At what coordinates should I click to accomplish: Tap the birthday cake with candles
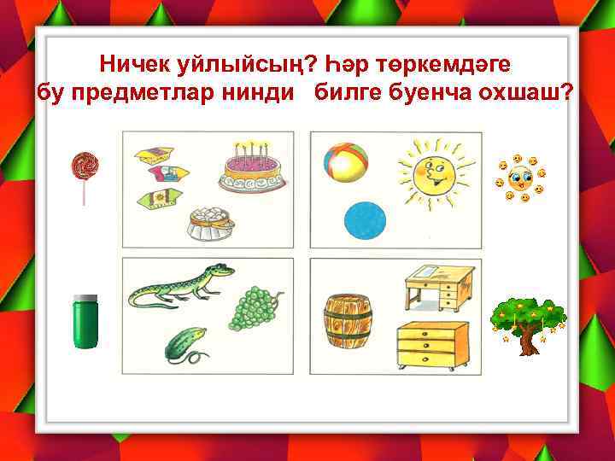tap(252, 167)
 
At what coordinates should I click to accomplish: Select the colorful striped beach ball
tap(346, 162)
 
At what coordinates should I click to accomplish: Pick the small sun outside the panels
tap(519, 179)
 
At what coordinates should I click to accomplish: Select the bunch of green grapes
tap(257, 306)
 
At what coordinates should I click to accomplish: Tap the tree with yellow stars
tap(529, 321)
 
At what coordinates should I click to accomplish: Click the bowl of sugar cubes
tap(210, 222)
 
